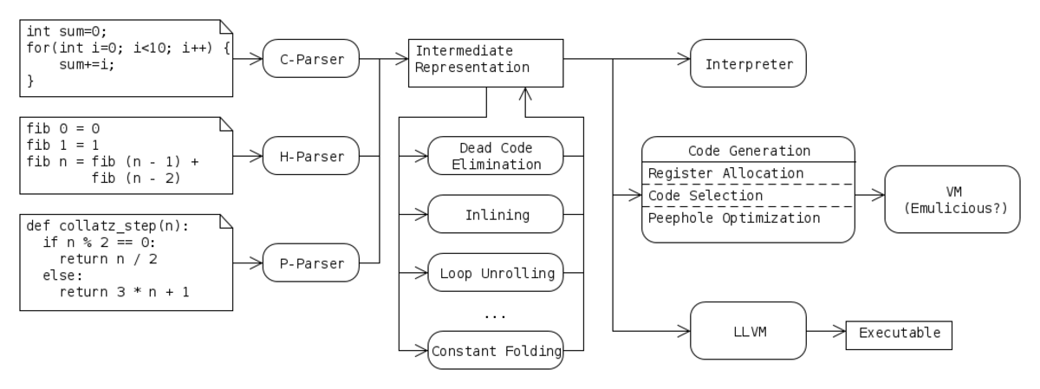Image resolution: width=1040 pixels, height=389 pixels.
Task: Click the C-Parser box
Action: (311, 59)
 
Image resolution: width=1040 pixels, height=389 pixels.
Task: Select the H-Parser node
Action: (311, 156)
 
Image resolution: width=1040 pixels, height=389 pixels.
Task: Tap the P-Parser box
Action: (311, 263)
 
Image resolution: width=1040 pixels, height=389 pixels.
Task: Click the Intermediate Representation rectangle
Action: (485, 63)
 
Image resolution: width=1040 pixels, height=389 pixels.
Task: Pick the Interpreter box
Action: (749, 63)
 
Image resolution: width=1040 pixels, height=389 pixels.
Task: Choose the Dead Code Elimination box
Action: (496, 156)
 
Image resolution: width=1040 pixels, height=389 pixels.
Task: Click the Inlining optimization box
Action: (496, 214)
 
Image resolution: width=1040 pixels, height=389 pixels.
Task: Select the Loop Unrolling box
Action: (496, 273)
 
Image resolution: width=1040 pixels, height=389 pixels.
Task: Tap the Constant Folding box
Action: (496, 351)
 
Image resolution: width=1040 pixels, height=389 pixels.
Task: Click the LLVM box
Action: (749, 330)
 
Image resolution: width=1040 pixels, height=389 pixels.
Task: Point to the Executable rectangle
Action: (899, 335)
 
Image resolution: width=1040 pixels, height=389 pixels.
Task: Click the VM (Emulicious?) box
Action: (952, 199)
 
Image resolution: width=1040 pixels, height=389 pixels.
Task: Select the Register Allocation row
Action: (725, 173)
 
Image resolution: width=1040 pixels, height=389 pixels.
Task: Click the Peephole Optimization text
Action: (734, 218)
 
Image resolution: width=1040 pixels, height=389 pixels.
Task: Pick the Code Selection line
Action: (705, 196)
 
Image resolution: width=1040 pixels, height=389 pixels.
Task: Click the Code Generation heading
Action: (749, 151)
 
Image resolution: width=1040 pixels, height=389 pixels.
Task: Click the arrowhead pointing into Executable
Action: (840, 331)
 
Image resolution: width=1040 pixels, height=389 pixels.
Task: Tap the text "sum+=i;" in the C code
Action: (87, 64)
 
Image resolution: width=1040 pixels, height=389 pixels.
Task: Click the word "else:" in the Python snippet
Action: (62, 276)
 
